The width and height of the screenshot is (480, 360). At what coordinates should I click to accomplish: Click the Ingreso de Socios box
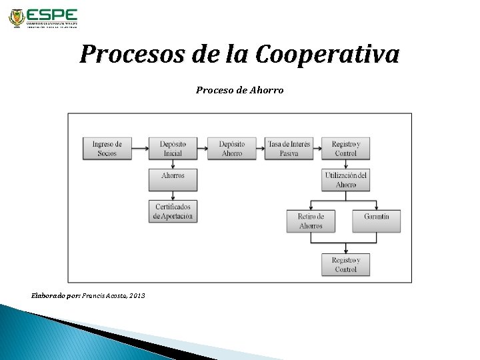pos(107,148)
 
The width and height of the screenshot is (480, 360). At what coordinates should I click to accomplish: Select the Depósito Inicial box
pos(173,148)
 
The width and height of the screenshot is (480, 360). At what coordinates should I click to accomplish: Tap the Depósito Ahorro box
pos(231,148)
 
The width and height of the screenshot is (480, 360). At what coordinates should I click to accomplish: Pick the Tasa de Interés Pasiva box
pos(288,148)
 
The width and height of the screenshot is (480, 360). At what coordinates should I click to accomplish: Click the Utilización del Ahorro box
pos(346,179)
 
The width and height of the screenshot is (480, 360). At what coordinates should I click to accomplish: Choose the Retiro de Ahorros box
pos(311,221)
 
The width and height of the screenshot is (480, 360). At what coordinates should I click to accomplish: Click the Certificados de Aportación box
pos(173,211)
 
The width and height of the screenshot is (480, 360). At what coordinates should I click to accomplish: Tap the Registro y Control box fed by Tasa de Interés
pos(346,148)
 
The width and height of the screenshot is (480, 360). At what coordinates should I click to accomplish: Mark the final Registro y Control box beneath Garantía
pos(346,264)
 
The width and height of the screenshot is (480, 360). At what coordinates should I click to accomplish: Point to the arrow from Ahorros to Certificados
pos(173,193)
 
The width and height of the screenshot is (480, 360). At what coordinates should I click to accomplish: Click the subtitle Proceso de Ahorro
pos(239,89)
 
